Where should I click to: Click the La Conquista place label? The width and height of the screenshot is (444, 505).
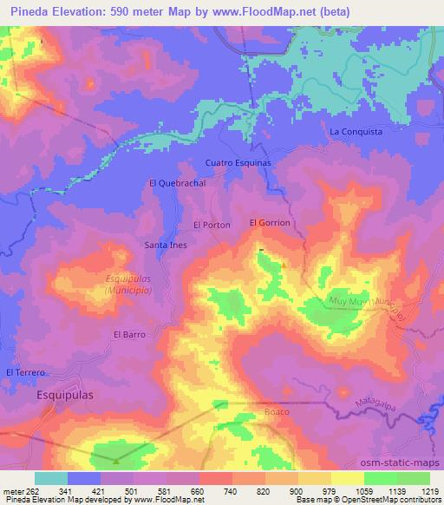pyautogui.click(x=356, y=131)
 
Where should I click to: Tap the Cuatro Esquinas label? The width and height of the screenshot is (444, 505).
pyautogui.click(x=238, y=162)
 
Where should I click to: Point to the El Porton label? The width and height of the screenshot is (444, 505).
pyautogui.click(x=212, y=225)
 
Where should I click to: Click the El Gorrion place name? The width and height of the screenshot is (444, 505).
pyautogui.click(x=270, y=223)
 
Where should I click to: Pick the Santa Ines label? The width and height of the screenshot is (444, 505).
pyautogui.click(x=165, y=246)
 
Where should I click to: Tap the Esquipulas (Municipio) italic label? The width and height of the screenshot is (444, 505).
pyautogui.click(x=127, y=285)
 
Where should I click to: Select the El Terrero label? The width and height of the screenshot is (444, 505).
pyautogui.click(x=24, y=372)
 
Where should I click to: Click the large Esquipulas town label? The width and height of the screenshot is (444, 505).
pyautogui.click(x=65, y=394)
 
